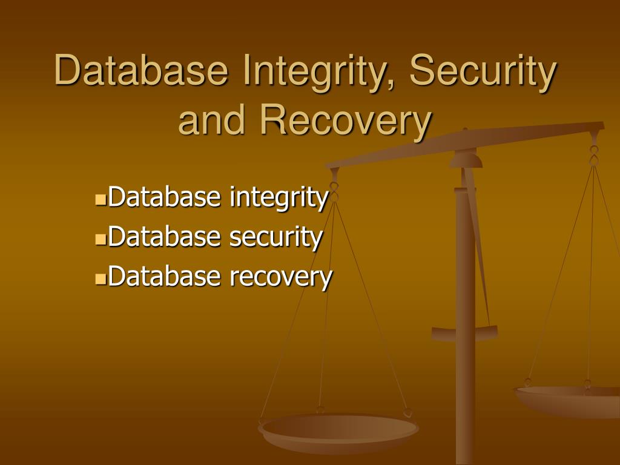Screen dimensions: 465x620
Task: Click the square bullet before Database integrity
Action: tap(101, 199)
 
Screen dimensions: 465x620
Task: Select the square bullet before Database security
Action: tap(101, 239)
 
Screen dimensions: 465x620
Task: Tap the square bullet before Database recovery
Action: tap(101, 279)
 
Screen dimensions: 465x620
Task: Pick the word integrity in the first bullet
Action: tap(279, 197)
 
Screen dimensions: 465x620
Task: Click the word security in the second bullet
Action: tap(275, 237)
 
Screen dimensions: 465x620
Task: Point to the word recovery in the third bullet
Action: tap(281, 277)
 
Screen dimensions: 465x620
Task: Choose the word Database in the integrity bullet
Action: tap(165, 197)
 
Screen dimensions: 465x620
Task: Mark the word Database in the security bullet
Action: tap(165, 237)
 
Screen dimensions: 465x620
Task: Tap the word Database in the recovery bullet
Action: tap(165, 277)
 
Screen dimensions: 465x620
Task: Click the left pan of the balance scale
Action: tap(338, 430)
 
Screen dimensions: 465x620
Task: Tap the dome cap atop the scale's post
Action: tap(466, 160)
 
